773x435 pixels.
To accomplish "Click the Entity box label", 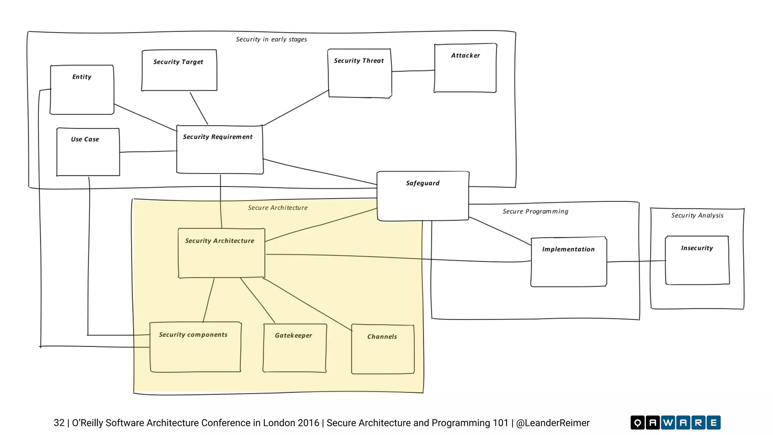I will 82,77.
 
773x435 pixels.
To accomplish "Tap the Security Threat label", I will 359,61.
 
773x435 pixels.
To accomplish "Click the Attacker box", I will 465,68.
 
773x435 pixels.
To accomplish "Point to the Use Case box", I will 88,152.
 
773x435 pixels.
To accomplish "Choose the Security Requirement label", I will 218,137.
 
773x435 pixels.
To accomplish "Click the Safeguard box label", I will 423,183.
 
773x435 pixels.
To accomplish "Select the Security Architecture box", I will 222,253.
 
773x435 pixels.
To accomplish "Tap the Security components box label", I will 193,335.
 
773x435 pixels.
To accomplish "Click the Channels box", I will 383,349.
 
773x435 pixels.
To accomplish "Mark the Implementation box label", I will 568,249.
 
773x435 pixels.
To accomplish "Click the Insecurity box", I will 697,261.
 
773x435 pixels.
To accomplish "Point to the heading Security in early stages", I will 271,39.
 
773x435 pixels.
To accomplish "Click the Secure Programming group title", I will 535,211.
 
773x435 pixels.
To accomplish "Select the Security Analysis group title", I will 697,215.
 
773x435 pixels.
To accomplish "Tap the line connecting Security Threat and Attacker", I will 413,71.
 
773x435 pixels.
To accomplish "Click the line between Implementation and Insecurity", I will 636,261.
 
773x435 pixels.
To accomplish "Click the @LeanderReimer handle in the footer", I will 553,423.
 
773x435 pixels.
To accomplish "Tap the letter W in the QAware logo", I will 668,423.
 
